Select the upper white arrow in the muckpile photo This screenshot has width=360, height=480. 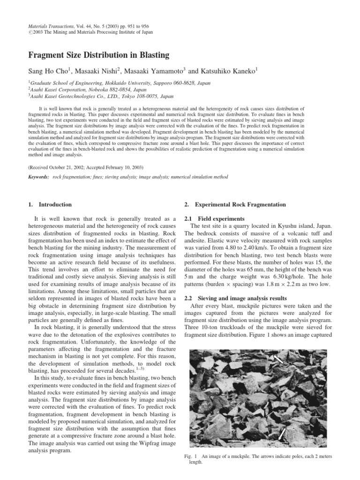[278, 359]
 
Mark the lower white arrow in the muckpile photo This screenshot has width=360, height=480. [283, 434]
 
